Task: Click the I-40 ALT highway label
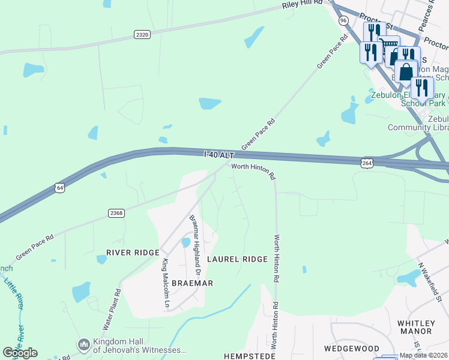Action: pos(218,155)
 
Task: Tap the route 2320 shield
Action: pos(142,35)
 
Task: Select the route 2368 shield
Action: pos(116,213)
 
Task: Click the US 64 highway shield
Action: pos(59,188)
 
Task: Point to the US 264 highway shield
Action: pos(367,163)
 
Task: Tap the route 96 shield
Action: pos(343,20)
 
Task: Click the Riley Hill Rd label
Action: pos(303,5)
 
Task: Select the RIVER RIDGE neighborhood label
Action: pos(133,253)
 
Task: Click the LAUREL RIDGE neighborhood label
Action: pos(237,259)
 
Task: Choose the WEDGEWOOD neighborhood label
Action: pos(352,349)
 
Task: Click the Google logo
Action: pos(20,353)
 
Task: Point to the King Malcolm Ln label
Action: pos(166,283)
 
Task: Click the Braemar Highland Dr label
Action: pos(194,241)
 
